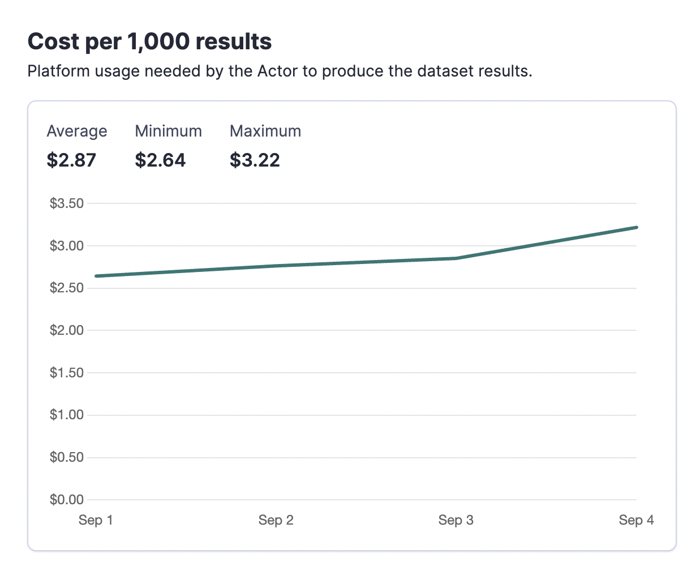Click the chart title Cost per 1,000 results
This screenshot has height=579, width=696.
point(149,42)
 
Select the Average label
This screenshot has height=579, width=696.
point(76,131)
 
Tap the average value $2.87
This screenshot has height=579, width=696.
point(71,160)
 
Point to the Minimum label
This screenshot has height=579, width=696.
point(168,131)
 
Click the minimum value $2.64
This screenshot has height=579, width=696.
point(160,160)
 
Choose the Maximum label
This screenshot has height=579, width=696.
point(265,131)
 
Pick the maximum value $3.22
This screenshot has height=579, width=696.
point(255,160)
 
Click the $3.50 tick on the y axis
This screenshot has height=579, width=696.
point(67,203)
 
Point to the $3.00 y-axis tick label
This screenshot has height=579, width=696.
point(67,246)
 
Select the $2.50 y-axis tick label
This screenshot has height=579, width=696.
point(67,288)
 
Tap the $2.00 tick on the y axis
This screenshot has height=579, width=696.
point(67,330)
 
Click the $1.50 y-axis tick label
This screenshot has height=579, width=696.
point(67,373)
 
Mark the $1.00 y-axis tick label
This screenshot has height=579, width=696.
point(67,415)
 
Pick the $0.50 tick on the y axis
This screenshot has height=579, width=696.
point(67,457)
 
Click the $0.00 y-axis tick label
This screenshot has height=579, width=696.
point(67,500)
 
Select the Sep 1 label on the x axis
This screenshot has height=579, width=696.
point(96,520)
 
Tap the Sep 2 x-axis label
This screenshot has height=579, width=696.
point(276,520)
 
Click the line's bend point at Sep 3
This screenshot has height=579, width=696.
point(456,258)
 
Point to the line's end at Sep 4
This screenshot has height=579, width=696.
point(636,228)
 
